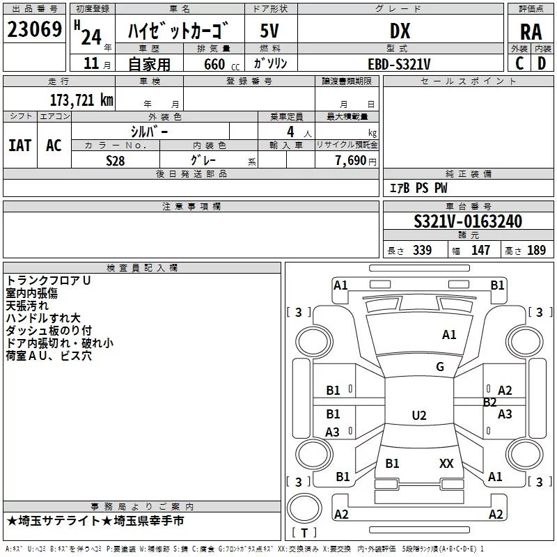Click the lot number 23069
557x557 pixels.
[x=34, y=29]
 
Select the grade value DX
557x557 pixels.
[x=400, y=31]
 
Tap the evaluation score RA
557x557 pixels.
[x=531, y=32]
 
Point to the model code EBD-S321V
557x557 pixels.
[x=399, y=64]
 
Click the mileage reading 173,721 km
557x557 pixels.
[x=81, y=100]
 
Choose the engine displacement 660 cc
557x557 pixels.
[x=221, y=65]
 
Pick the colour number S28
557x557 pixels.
[x=116, y=161]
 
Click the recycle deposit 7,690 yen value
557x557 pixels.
[x=356, y=161]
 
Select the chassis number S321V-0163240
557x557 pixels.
[x=468, y=221]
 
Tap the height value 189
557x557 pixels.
[x=536, y=250]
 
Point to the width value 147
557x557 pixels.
[x=480, y=250]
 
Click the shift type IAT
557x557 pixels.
[x=20, y=146]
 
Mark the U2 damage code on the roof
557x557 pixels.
[x=419, y=415]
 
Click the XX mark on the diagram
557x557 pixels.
[x=446, y=463]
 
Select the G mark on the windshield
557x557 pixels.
[x=440, y=366]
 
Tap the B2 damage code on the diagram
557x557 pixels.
[x=490, y=402]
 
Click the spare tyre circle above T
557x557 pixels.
[x=304, y=508]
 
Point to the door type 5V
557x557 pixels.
[x=269, y=31]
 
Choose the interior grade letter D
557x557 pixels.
[x=542, y=63]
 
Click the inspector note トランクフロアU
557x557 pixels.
[x=48, y=281]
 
